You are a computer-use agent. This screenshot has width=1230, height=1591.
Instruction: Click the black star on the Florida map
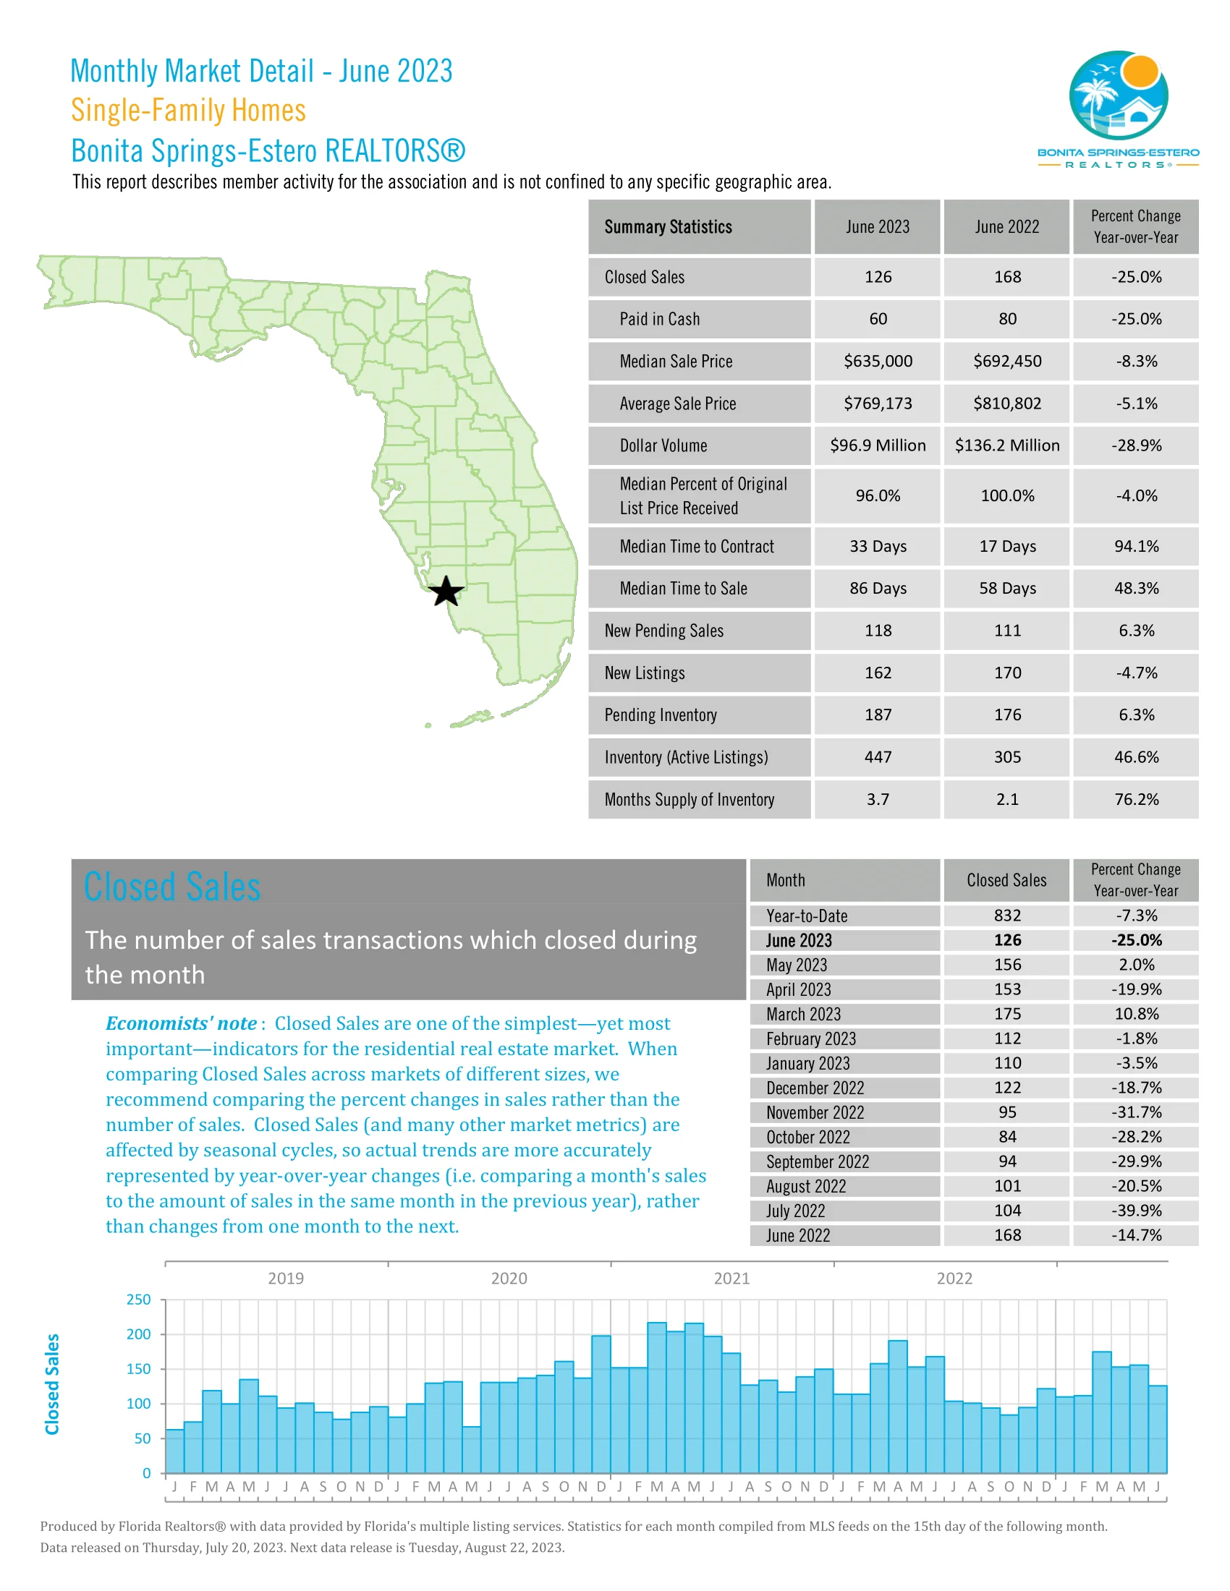[446, 592]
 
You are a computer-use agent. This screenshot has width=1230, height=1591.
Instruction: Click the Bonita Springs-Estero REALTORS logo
[1118, 109]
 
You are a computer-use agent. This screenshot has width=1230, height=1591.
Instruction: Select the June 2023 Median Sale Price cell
[878, 362]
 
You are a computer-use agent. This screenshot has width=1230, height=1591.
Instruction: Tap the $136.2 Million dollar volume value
[1007, 445]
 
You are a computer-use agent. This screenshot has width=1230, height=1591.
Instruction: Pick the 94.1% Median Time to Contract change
[1135, 546]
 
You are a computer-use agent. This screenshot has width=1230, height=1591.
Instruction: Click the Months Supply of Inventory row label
[689, 800]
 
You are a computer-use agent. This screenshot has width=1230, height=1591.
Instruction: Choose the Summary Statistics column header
[668, 227]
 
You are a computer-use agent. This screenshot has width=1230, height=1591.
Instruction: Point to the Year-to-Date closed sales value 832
[1007, 916]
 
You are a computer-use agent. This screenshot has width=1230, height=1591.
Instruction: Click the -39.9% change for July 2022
[1135, 1211]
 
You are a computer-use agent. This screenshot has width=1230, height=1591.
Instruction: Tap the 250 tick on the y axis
[138, 1300]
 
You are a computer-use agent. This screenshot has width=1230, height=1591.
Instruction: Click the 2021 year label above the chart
[731, 1279]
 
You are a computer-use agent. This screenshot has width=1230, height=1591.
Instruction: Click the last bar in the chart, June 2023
[1157, 1429]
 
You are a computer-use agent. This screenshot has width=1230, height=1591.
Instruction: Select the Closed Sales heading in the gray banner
[172, 887]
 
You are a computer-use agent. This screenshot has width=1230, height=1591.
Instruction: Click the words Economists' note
[181, 1023]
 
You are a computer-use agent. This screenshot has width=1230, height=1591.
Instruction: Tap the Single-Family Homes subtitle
[188, 111]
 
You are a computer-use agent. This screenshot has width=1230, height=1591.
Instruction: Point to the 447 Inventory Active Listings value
[878, 758]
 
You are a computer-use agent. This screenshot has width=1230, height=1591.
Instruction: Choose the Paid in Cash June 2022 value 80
[1007, 319]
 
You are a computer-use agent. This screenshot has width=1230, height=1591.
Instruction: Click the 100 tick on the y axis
[138, 1404]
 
